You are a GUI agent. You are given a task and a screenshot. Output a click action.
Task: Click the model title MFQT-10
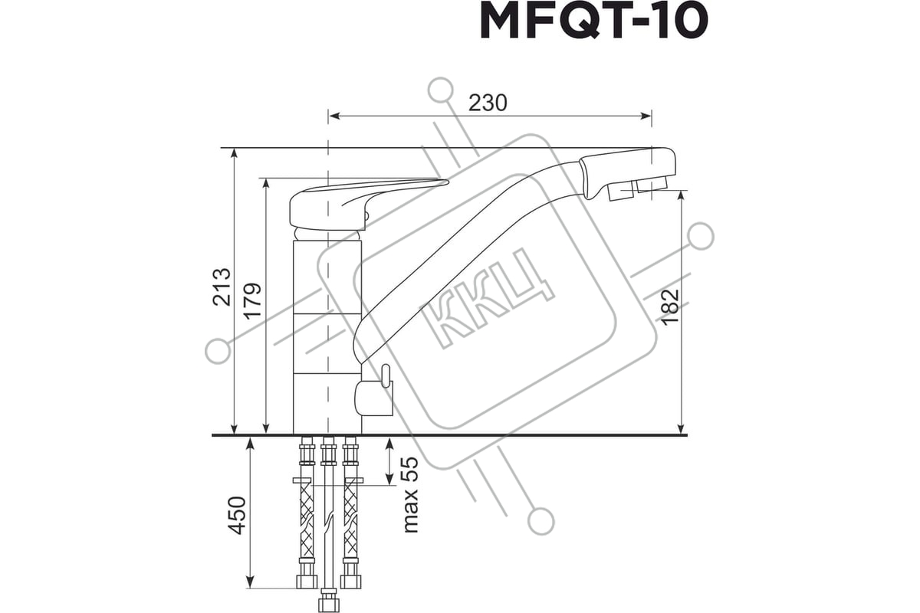[x=593, y=21]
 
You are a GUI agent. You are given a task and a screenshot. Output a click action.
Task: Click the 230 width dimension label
[x=488, y=103]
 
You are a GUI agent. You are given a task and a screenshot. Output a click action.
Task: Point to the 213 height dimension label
[x=222, y=287]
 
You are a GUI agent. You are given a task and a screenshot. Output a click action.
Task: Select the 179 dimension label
[x=251, y=301]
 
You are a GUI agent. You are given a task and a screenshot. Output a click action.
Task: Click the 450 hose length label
[x=237, y=516]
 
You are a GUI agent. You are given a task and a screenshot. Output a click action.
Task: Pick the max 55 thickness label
[x=410, y=495]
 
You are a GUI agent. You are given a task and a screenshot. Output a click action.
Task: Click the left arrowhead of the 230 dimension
[x=334, y=116]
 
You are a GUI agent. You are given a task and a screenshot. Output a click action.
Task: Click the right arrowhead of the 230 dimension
[x=646, y=116]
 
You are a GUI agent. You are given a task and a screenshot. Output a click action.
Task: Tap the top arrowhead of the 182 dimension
[x=682, y=197]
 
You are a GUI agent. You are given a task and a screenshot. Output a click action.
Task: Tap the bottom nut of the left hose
[x=307, y=582]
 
